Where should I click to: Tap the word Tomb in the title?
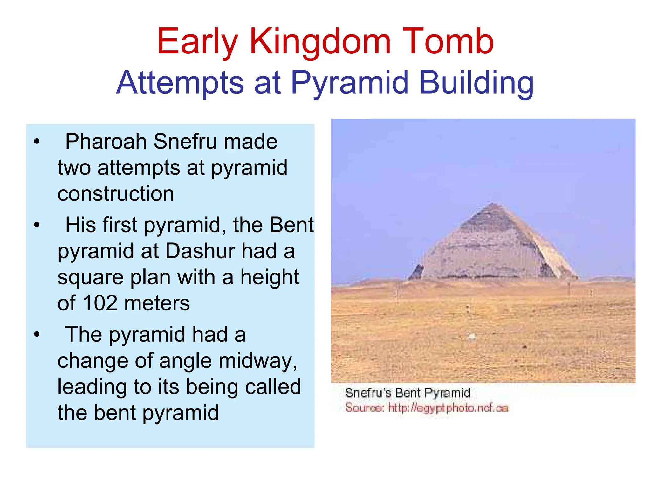click(x=448, y=41)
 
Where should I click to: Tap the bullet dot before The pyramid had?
click(x=37, y=335)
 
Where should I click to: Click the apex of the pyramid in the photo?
click(x=493, y=203)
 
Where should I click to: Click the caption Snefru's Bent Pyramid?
click(x=408, y=393)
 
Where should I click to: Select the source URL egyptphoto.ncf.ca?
click(x=448, y=408)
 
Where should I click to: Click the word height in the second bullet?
click(x=270, y=277)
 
